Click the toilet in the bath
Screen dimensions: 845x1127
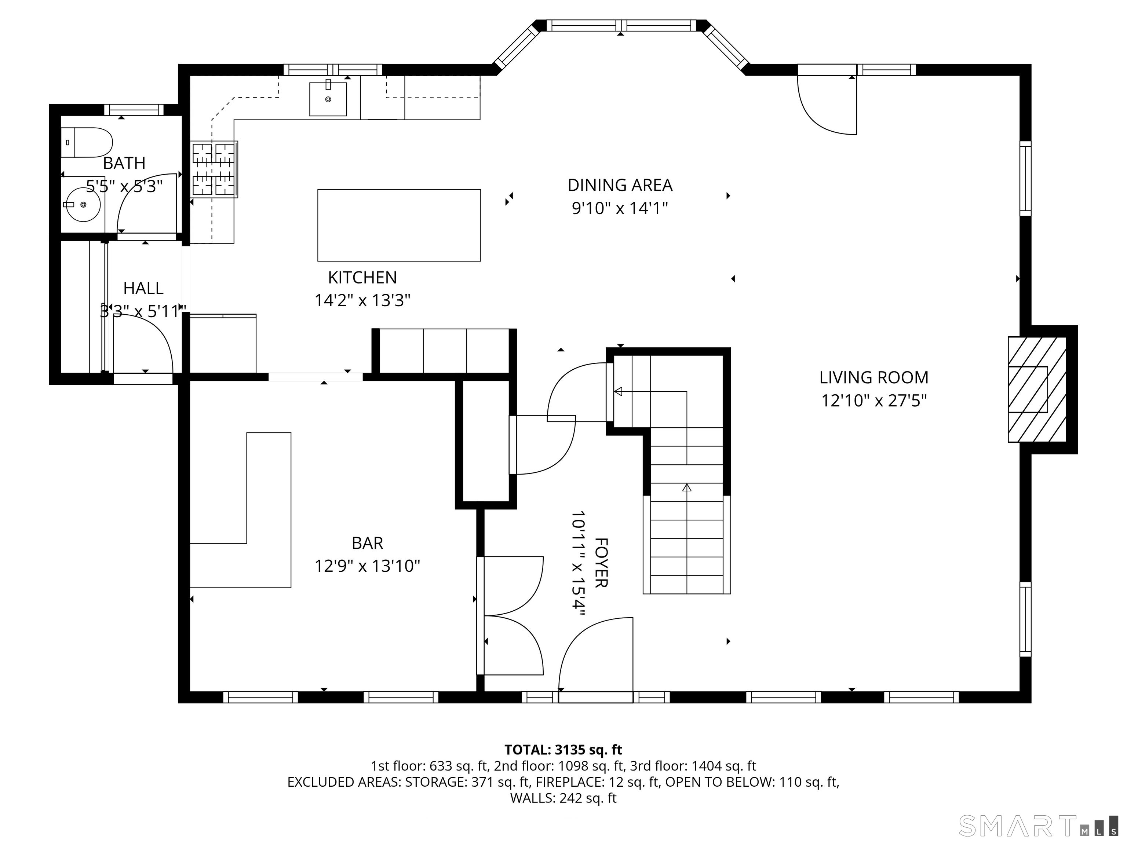(x=88, y=143)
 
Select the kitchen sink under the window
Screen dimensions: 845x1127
(x=328, y=99)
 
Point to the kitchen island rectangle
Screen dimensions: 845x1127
(x=399, y=225)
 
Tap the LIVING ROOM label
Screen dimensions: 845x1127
(x=874, y=377)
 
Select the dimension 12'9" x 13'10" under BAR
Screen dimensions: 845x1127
(x=367, y=566)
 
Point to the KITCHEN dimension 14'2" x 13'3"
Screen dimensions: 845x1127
(x=362, y=300)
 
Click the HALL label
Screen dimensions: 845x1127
(x=143, y=288)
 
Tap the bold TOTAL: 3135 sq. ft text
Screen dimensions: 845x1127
(x=563, y=750)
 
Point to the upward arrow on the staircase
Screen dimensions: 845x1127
(x=687, y=487)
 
